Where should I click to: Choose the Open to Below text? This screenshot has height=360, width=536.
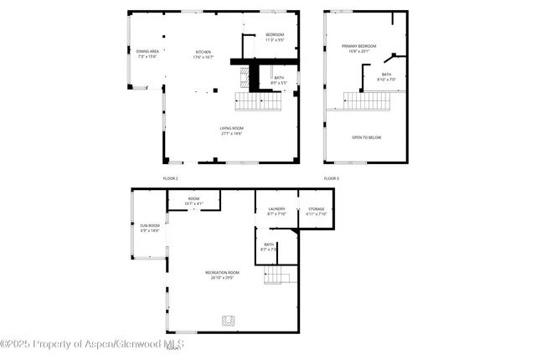coord(366,137)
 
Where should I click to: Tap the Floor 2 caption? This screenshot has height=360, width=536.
coord(171,178)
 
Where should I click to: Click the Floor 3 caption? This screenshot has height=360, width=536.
coord(332,178)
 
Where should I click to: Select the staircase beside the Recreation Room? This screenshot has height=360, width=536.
coord(277,275)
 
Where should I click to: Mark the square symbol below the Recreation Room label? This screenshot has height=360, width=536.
coord(227,319)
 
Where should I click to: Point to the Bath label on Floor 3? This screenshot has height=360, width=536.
coord(386,77)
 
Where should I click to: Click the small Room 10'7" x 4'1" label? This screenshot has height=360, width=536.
coord(194,201)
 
